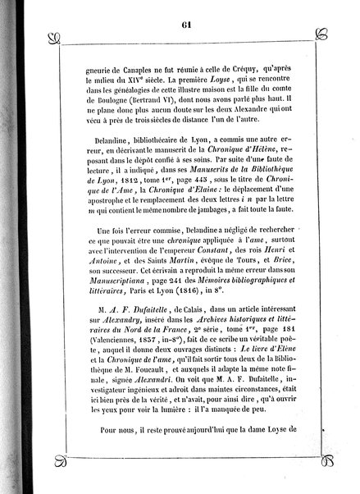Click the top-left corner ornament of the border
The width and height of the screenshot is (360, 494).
pyautogui.click(x=56, y=37)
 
